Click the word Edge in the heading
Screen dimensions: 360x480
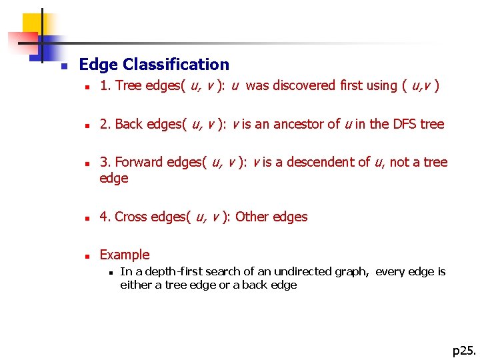(99, 65)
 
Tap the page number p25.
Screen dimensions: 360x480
(464, 350)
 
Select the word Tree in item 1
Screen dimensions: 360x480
(128, 85)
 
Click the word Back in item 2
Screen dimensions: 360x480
(129, 124)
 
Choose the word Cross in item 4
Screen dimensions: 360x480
(131, 217)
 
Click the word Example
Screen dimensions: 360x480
(125, 255)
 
